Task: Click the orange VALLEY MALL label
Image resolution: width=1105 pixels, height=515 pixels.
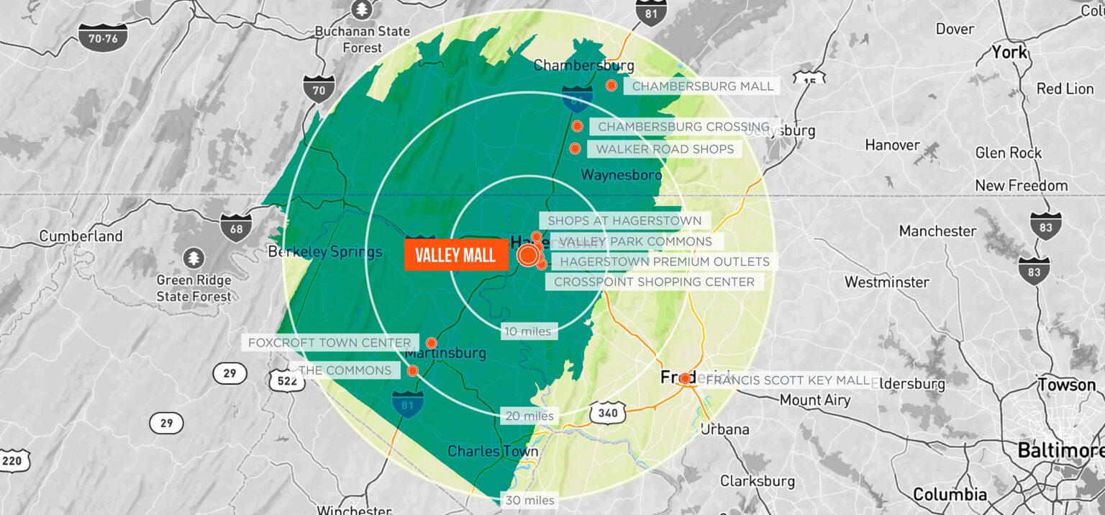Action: point(455,256)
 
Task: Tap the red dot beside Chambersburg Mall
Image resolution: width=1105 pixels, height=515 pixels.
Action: point(611,86)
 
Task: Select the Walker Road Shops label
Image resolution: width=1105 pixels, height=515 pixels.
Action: point(665,149)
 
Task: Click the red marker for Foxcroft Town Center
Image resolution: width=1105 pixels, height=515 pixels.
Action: point(432,343)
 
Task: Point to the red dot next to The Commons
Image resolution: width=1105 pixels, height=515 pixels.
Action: point(413,371)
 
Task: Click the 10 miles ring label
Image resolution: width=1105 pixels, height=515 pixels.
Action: point(529,331)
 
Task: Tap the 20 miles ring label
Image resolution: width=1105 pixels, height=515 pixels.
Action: point(529,416)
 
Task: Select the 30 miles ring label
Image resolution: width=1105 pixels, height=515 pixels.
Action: point(529,500)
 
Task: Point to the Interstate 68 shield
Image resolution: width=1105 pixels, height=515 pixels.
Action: point(236,227)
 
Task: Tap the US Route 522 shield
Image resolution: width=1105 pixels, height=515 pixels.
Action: point(287,381)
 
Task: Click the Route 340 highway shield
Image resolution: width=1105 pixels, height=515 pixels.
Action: point(607,413)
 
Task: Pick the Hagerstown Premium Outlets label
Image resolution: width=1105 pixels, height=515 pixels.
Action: point(665,261)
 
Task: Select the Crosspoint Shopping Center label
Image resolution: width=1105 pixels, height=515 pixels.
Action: point(654,282)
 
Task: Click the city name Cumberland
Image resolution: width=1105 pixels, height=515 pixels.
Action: point(81,236)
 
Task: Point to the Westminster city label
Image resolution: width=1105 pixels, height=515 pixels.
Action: point(887,282)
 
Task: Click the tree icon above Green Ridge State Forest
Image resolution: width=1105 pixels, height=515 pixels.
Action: point(193,258)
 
